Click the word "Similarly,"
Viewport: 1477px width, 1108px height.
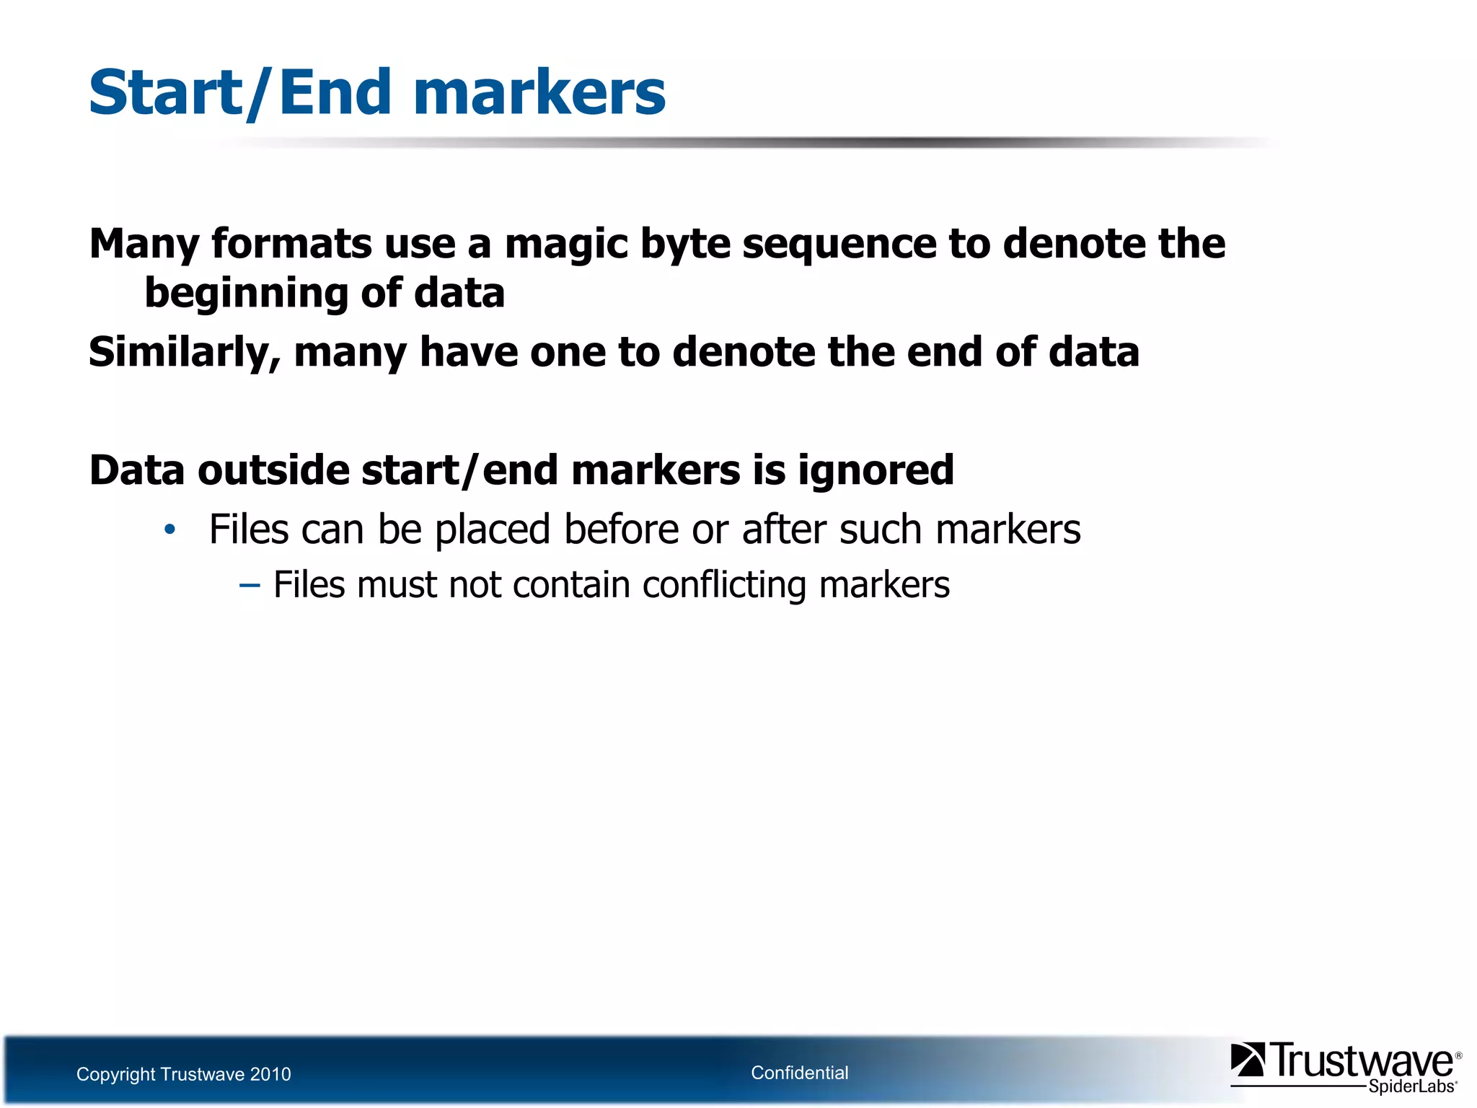(185, 353)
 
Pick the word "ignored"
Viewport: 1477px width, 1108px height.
(876, 470)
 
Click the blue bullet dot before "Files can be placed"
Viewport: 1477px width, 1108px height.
(169, 530)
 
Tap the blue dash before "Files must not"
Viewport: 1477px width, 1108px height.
(249, 584)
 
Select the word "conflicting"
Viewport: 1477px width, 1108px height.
(724, 584)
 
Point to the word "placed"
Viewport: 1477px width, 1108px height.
(493, 529)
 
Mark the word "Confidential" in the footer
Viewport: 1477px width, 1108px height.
(799, 1073)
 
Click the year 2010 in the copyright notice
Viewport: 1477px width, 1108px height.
(270, 1074)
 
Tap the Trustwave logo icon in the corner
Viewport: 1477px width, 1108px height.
(1248, 1060)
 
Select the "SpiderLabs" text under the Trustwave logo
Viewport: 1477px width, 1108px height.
(1412, 1086)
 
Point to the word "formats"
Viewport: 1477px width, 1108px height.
(291, 244)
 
